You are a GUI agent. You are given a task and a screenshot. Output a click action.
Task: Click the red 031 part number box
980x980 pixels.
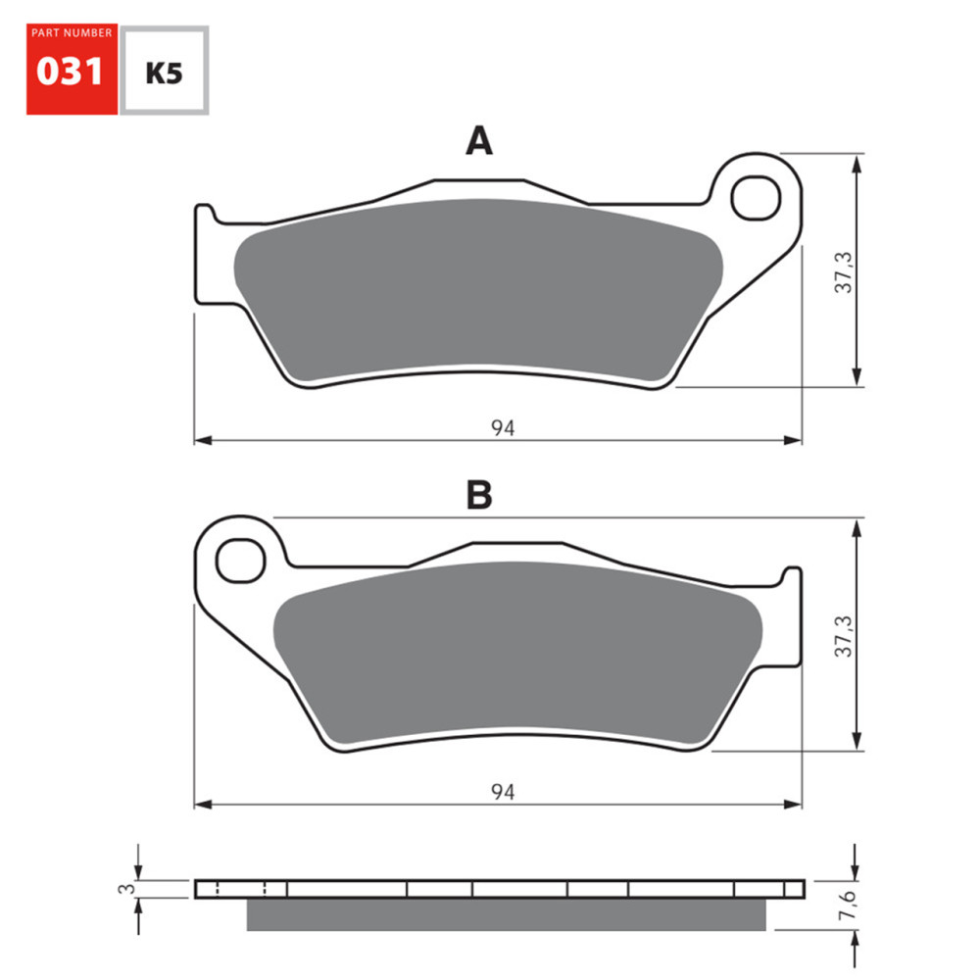72,69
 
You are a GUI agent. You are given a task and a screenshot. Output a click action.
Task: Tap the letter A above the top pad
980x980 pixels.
478,143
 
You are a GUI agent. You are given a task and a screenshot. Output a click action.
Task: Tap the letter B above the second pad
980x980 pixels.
478,496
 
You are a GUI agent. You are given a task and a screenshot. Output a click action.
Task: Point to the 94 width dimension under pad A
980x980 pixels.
503,427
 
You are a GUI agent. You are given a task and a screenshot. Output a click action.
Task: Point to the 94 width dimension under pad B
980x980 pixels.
503,792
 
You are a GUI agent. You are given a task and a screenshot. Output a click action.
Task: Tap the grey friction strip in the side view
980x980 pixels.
505,915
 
